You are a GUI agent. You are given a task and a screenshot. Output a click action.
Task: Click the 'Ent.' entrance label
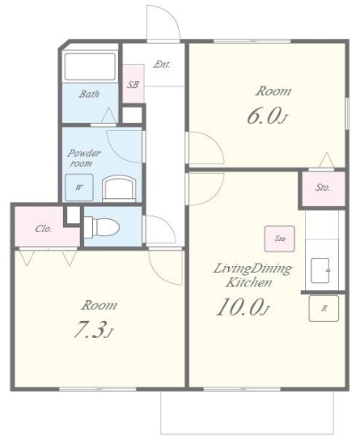click(162, 65)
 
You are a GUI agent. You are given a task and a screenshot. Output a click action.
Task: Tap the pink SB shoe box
click(133, 84)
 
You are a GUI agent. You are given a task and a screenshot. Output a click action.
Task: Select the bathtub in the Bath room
click(90, 67)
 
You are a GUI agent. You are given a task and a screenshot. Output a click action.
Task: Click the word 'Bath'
click(89, 94)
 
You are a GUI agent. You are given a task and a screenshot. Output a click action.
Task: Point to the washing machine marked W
click(79, 188)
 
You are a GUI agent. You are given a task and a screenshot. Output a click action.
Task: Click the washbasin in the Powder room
click(119, 188)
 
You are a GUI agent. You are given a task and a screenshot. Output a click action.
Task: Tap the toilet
click(102, 227)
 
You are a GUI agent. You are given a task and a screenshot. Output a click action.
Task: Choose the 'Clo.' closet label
click(44, 229)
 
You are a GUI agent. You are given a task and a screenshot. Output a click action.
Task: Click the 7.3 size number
click(93, 330)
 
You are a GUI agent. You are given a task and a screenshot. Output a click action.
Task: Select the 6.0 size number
click(267, 116)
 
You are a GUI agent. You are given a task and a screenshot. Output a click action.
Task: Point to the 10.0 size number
click(243, 307)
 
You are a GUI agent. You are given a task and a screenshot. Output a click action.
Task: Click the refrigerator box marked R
click(324, 309)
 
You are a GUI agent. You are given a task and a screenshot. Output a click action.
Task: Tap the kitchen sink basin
click(320, 271)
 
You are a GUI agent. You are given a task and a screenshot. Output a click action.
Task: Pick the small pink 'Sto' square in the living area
click(279, 239)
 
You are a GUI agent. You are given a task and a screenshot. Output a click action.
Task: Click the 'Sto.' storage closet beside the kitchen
click(323, 188)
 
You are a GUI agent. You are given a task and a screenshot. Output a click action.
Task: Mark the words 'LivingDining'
click(252, 269)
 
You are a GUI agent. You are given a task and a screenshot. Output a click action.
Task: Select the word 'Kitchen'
click(249, 282)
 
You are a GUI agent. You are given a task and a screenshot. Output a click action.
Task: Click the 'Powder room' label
click(84, 159)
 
